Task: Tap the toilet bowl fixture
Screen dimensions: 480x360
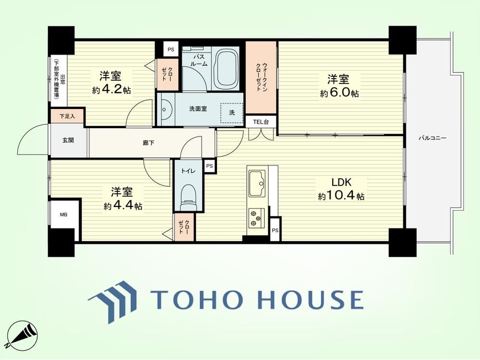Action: pyautogui.click(x=188, y=197)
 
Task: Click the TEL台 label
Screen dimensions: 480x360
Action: pyautogui.click(x=261, y=121)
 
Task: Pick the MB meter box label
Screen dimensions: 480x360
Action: pyautogui.click(x=63, y=215)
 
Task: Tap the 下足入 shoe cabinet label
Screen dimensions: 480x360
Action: pyautogui.click(x=67, y=116)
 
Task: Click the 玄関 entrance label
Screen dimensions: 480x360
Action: pyautogui.click(x=68, y=141)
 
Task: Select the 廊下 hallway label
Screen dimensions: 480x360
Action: pyautogui.click(x=148, y=143)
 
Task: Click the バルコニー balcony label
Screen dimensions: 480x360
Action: pyautogui.click(x=432, y=138)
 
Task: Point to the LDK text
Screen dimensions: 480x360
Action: pyautogui.click(x=341, y=182)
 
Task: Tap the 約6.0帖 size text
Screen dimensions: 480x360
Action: pyautogui.click(x=339, y=93)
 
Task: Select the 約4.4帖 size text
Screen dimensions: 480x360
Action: pyautogui.click(x=123, y=206)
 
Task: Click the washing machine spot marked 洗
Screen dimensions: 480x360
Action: pyautogui.click(x=232, y=113)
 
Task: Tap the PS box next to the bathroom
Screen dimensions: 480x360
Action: pyautogui.click(x=171, y=49)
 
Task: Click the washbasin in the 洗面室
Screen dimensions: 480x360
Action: pyautogui.click(x=165, y=109)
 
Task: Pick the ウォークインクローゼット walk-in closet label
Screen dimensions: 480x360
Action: pyautogui.click(x=262, y=77)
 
